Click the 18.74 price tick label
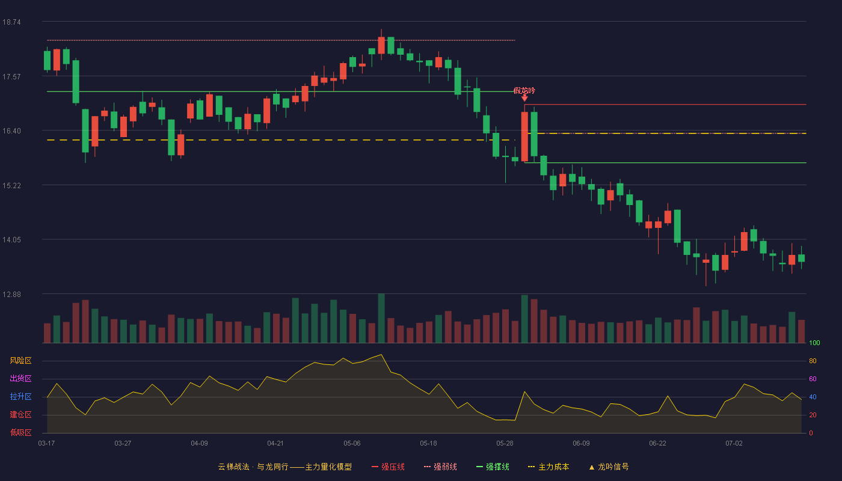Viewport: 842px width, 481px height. (x=11, y=22)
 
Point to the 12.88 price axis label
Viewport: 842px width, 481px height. (x=11, y=294)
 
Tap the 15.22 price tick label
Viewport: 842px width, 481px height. (x=11, y=186)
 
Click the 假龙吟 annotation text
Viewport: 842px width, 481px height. (x=524, y=91)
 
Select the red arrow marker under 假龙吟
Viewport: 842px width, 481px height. (x=524, y=98)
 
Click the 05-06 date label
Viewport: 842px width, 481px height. (x=352, y=444)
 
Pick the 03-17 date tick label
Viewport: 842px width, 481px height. (x=47, y=444)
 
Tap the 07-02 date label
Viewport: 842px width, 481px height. (x=734, y=444)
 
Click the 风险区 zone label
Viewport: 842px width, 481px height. (x=20, y=361)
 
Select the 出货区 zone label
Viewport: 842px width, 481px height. (x=20, y=378)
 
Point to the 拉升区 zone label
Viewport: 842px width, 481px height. (x=20, y=396)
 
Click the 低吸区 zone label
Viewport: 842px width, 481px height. (x=20, y=432)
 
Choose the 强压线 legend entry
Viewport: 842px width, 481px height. (x=388, y=467)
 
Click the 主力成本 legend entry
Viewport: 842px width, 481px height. (x=549, y=467)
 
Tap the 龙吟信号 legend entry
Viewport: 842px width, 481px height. (x=609, y=467)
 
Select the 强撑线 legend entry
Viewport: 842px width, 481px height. (x=493, y=467)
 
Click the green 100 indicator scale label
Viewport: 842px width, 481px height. (x=814, y=343)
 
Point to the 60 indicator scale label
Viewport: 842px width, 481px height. (x=813, y=379)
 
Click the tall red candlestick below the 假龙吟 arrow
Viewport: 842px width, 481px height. (x=524, y=136)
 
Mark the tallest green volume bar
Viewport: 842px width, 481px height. (x=381, y=318)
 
